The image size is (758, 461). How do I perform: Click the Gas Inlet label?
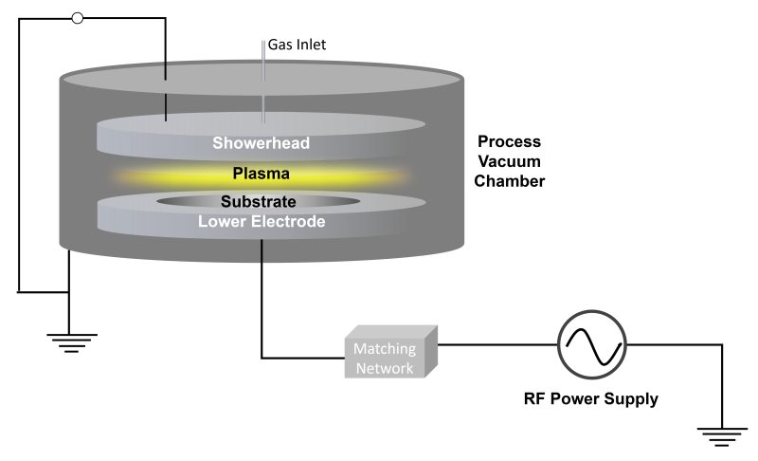click(x=298, y=44)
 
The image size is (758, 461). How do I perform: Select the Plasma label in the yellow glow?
click(x=262, y=175)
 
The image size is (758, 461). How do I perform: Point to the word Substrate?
click(x=260, y=202)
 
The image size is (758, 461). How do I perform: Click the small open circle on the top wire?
click(x=78, y=18)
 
